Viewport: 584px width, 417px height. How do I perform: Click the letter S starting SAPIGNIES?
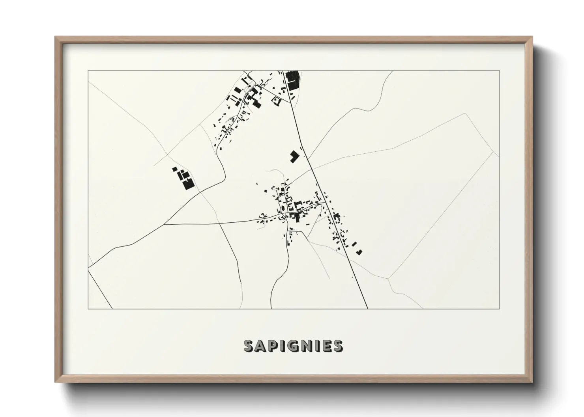249,346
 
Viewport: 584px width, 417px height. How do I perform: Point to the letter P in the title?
272,346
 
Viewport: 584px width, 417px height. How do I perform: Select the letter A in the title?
260,346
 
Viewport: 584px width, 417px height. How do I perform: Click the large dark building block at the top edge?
292,80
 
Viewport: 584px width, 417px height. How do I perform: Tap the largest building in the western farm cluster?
188,184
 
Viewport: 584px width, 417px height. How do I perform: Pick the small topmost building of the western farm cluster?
174,169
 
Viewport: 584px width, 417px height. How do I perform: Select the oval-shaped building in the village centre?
283,208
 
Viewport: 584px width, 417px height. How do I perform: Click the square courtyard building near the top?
276,102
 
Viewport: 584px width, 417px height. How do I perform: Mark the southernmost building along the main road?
359,252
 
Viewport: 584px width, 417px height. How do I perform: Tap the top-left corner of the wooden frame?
55,37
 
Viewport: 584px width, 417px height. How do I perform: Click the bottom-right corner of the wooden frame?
532,382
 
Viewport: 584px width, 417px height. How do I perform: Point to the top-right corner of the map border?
500,71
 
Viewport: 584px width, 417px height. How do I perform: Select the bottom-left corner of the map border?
88,309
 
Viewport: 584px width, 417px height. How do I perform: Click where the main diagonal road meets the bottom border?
367,309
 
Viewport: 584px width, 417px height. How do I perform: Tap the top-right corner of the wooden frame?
532,37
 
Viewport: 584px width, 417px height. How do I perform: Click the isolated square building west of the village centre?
265,191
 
